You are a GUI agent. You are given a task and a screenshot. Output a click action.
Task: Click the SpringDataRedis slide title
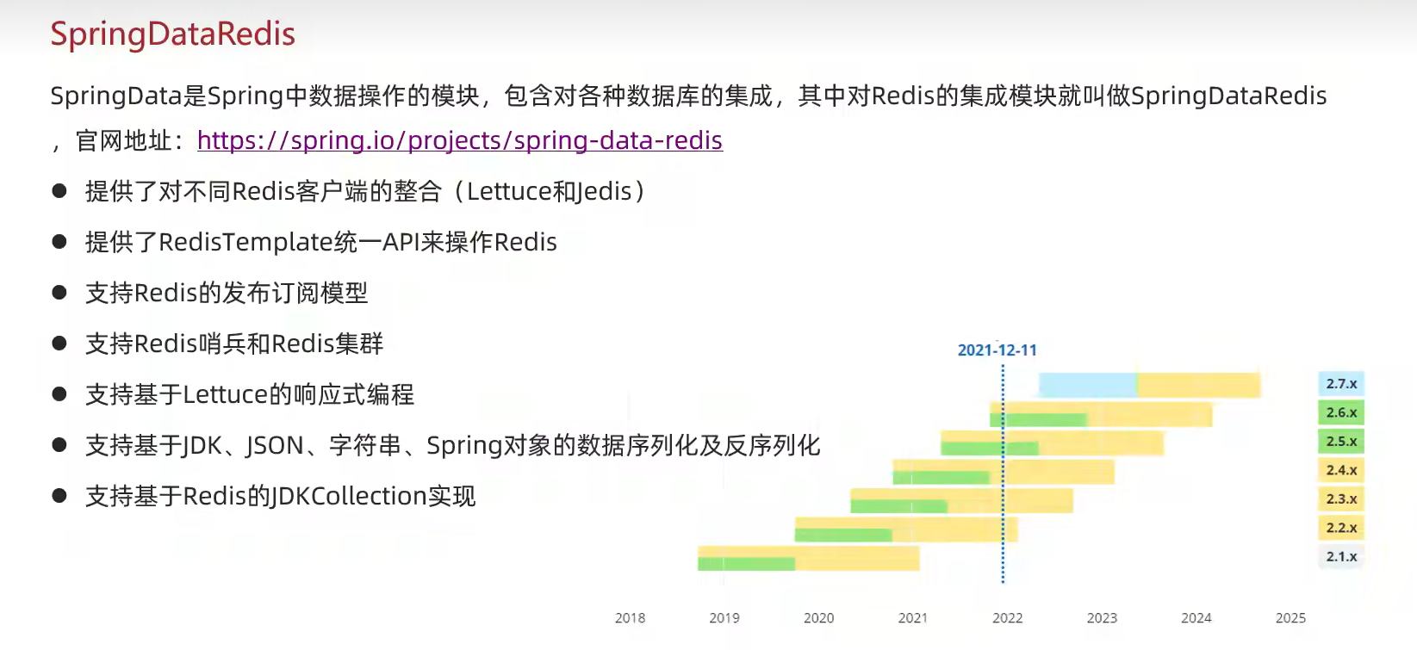pos(172,34)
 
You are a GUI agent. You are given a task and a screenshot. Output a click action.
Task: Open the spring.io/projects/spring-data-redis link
pos(459,140)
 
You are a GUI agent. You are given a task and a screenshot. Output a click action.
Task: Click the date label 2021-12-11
pos(997,350)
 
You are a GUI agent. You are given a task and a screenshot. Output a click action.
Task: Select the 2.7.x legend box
pos(1341,384)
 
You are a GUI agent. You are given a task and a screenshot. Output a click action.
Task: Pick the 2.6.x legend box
pos(1341,412)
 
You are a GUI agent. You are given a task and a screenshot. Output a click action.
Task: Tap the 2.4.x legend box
pos(1341,470)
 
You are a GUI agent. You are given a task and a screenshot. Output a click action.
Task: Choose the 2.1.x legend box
pos(1341,557)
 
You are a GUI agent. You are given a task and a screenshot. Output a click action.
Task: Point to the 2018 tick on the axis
pos(630,618)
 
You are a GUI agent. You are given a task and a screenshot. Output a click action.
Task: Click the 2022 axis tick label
pos(1007,618)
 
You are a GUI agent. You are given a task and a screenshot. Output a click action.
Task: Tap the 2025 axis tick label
pos(1290,618)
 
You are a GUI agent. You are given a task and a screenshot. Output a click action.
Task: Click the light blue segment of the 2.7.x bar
pos(1087,385)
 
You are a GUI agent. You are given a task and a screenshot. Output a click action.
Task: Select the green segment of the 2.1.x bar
pos(746,564)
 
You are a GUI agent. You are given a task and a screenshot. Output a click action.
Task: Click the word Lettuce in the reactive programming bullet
pos(226,395)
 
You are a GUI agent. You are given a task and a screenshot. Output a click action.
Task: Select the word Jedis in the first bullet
pos(602,192)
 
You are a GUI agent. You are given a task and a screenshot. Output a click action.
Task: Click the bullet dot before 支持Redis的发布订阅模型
pos(59,293)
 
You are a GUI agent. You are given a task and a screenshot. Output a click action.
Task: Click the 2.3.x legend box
pos(1341,499)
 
